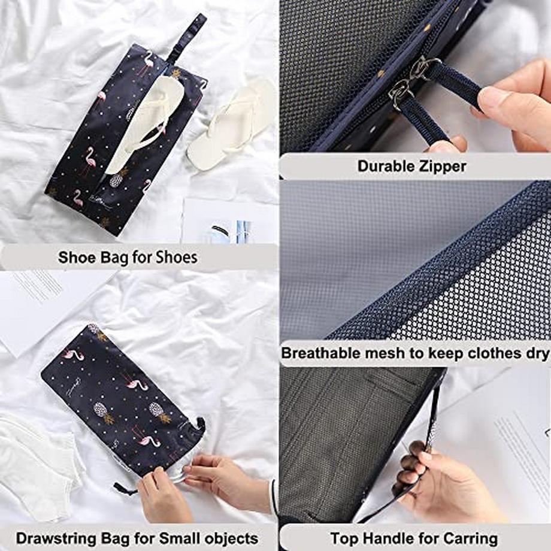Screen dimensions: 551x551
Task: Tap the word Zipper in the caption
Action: click(440, 166)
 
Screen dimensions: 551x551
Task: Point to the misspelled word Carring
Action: click(473, 538)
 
